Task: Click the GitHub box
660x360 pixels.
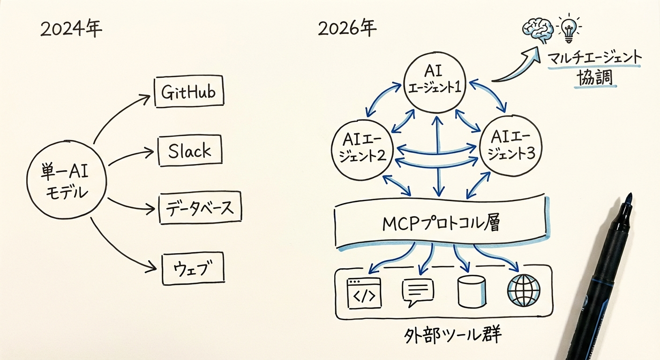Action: coord(189,92)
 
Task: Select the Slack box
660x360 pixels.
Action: coord(190,151)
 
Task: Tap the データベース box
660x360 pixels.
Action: coord(200,208)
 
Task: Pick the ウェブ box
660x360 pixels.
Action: coord(193,269)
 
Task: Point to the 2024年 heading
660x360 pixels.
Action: coord(71,29)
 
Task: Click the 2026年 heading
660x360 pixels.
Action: coord(347,29)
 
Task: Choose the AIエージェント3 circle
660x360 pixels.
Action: coord(511,145)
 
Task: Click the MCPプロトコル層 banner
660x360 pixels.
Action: coord(441,222)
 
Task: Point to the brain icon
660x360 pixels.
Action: coord(538,29)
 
